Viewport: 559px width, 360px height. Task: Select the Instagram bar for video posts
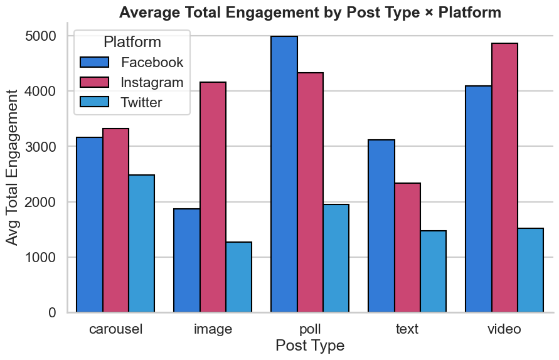[x=504, y=178]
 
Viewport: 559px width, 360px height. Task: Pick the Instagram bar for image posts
[x=213, y=197]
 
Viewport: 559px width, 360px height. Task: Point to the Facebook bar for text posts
[x=381, y=226]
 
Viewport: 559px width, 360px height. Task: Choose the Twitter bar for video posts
[x=531, y=270]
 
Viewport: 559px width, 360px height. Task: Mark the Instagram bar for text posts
[x=408, y=248]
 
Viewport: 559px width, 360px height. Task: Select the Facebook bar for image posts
[x=187, y=260]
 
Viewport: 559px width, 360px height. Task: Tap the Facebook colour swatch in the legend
[x=95, y=63]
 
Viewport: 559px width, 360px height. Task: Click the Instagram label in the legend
[x=152, y=83]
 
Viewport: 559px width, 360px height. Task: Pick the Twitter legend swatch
[x=95, y=102]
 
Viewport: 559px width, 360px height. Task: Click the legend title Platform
[x=132, y=43]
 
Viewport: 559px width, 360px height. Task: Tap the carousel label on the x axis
[x=115, y=329]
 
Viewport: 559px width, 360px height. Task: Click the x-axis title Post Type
[x=310, y=346]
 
